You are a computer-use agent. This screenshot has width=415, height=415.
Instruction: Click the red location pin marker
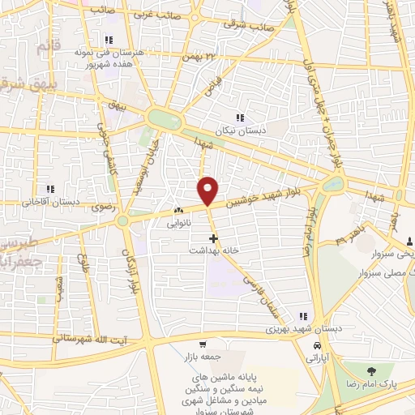(208, 190)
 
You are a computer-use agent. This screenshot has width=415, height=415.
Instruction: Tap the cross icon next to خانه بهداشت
(213, 238)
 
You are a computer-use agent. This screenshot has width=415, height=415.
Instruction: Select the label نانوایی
(178, 221)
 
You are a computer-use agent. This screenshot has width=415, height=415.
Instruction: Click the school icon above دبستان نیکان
(239, 118)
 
